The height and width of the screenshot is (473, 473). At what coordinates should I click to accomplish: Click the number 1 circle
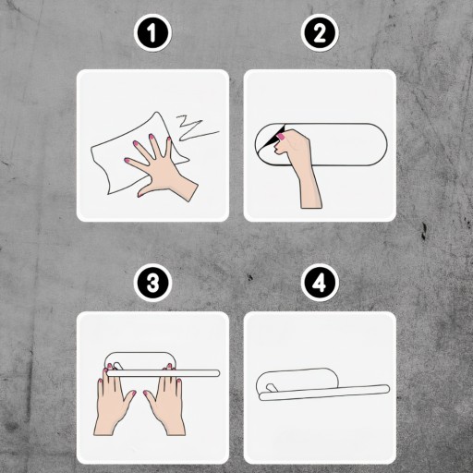point(152,32)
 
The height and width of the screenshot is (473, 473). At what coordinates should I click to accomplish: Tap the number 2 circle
point(320,32)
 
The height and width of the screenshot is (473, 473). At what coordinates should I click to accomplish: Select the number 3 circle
point(152,284)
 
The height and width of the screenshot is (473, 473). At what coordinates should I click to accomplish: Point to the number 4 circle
point(320,284)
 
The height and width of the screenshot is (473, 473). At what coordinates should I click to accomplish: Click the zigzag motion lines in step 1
point(196,128)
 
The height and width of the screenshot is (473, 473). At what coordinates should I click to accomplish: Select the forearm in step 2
point(309,188)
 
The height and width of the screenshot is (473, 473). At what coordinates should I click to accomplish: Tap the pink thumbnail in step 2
point(281,137)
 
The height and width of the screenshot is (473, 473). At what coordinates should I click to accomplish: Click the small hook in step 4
point(271,388)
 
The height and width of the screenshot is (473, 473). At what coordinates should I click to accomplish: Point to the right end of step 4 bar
point(387,389)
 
